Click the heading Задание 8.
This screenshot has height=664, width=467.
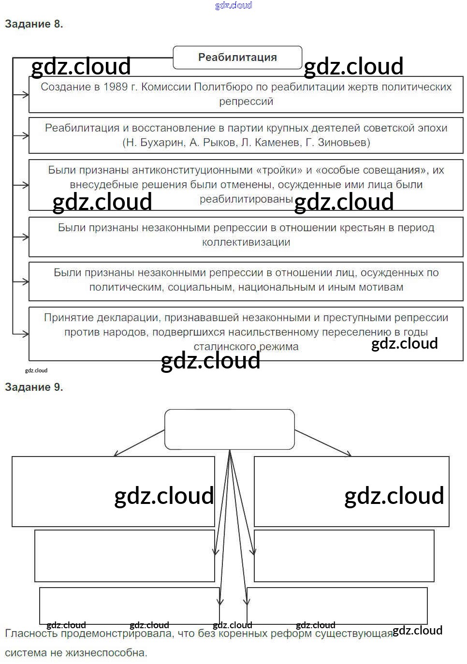(x=34, y=24)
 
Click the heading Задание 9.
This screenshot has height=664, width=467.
(x=34, y=387)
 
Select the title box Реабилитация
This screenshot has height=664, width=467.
(x=237, y=58)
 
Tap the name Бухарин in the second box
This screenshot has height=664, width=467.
(x=161, y=143)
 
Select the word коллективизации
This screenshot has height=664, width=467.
(x=246, y=242)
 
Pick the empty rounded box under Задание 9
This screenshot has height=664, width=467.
(x=230, y=429)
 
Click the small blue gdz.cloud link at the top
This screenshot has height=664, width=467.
(x=233, y=5)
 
